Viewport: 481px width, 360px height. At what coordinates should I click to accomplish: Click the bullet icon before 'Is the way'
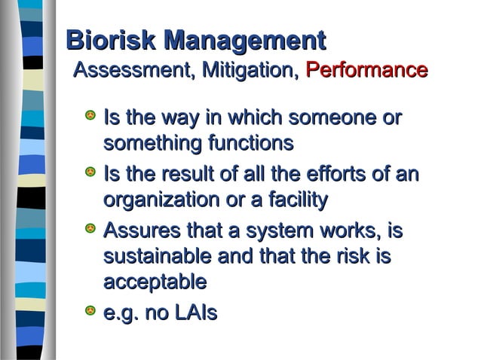click(x=90, y=117)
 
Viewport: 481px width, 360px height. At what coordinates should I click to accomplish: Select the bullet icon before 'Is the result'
click(x=90, y=173)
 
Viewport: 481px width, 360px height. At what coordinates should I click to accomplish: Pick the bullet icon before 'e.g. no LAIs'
click(x=90, y=310)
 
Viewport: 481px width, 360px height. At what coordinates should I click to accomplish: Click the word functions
click(x=250, y=142)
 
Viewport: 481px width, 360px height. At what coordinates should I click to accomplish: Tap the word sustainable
click(x=158, y=256)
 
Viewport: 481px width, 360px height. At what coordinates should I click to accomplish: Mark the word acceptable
click(x=155, y=282)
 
